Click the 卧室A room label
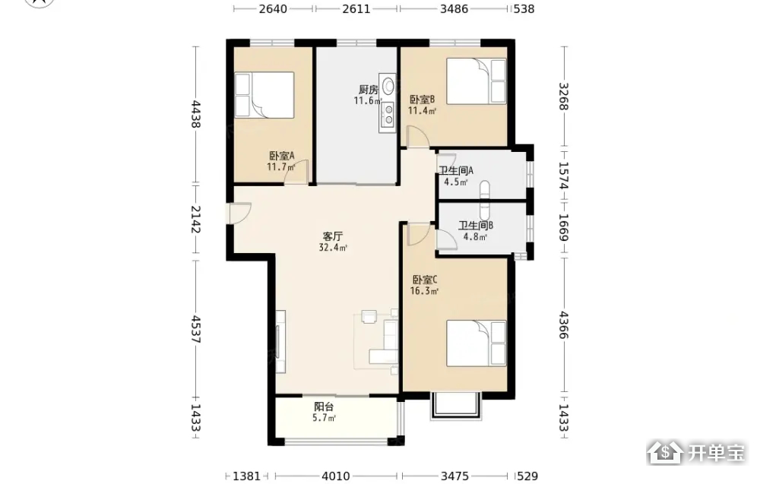click(282, 156)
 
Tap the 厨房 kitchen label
click(369, 90)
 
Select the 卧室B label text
click(422, 100)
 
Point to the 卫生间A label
click(456, 170)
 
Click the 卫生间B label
click(476, 226)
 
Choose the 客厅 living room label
click(333, 236)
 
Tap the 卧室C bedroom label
click(425, 280)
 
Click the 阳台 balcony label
click(324, 406)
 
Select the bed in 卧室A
click(264, 95)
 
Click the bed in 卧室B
click(477, 81)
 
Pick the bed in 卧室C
click(477, 343)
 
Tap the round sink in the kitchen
click(388, 86)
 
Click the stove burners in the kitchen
click(388, 114)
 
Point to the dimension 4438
click(196, 114)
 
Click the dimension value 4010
click(336, 476)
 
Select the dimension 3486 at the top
click(454, 8)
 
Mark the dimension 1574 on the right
click(563, 176)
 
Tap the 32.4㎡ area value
click(333, 248)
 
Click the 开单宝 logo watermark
click(696, 453)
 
